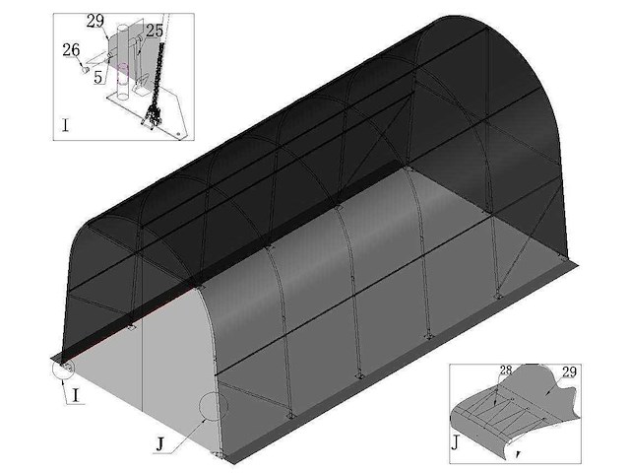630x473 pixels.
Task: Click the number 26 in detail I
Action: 71,48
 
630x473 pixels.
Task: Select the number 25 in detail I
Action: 155,31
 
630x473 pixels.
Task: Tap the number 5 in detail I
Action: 98,77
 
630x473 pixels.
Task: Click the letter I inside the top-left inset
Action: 65,125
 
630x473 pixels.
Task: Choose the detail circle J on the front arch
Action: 213,406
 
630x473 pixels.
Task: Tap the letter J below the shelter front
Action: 158,444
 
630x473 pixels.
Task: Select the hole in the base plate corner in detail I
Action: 178,128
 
